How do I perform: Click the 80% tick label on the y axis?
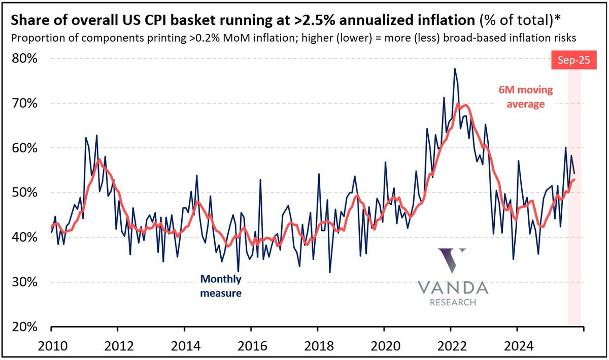click(24, 59)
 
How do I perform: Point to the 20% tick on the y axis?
click(24, 327)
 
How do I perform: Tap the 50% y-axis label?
click(24, 193)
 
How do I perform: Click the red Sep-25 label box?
click(567, 60)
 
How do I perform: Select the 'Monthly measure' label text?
click(221, 285)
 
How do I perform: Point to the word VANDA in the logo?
click(453, 288)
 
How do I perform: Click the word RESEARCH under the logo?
click(453, 303)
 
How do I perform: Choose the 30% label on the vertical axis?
click(24, 282)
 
